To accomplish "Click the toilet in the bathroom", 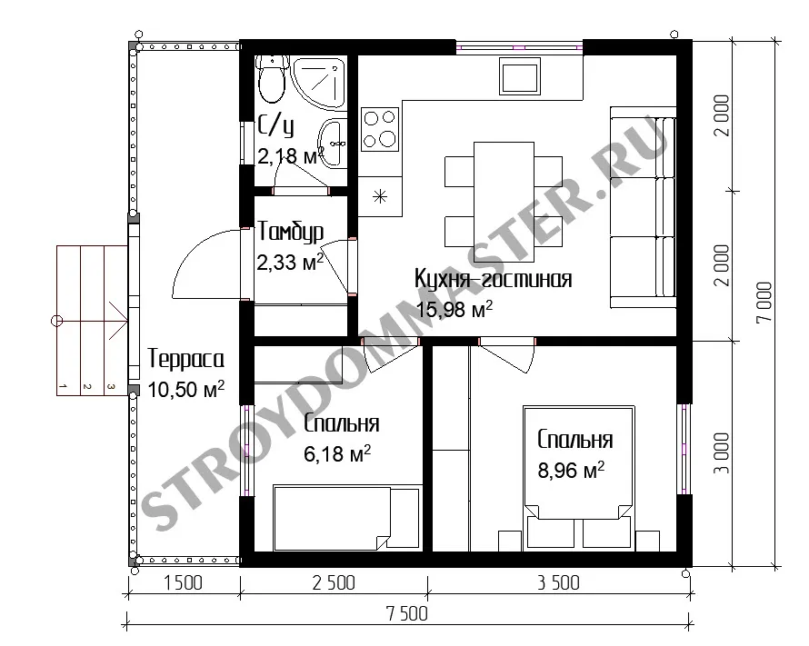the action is pyautogui.click(x=272, y=79).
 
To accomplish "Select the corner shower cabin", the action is pyautogui.click(x=320, y=84).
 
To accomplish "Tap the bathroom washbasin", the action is pyautogui.click(x=333, y=143).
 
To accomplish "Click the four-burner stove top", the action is pyautogui.click(x=380, y=129).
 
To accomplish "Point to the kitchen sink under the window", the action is pyautogui.click(x=520, y=75).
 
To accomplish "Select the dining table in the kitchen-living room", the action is pyautogui.click(x=504, y=202).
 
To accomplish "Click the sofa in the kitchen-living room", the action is pyautogui.click(x=643, y=207).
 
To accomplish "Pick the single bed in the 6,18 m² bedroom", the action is pyautogui.click(x=346, y=517).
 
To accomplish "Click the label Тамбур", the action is pyautogui.click(x=291, y=232).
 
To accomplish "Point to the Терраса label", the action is pyautogui.click(x=185, y=359).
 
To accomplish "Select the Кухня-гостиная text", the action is pyautogui.click(x=494, y=279).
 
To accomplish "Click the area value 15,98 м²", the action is pyautogui.click(x=454, y=309).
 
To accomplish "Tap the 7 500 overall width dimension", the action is pyautogui.click(x=406, y=614).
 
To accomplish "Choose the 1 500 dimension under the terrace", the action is pyautogui.click(x=183, y=583).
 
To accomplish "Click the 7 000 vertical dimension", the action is pyautogui.click(x=764, y=303).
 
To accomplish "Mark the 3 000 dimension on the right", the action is pyautogui.click(x=723, y=453).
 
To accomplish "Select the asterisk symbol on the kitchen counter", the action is pyautogui.click(x=380, y=196).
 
